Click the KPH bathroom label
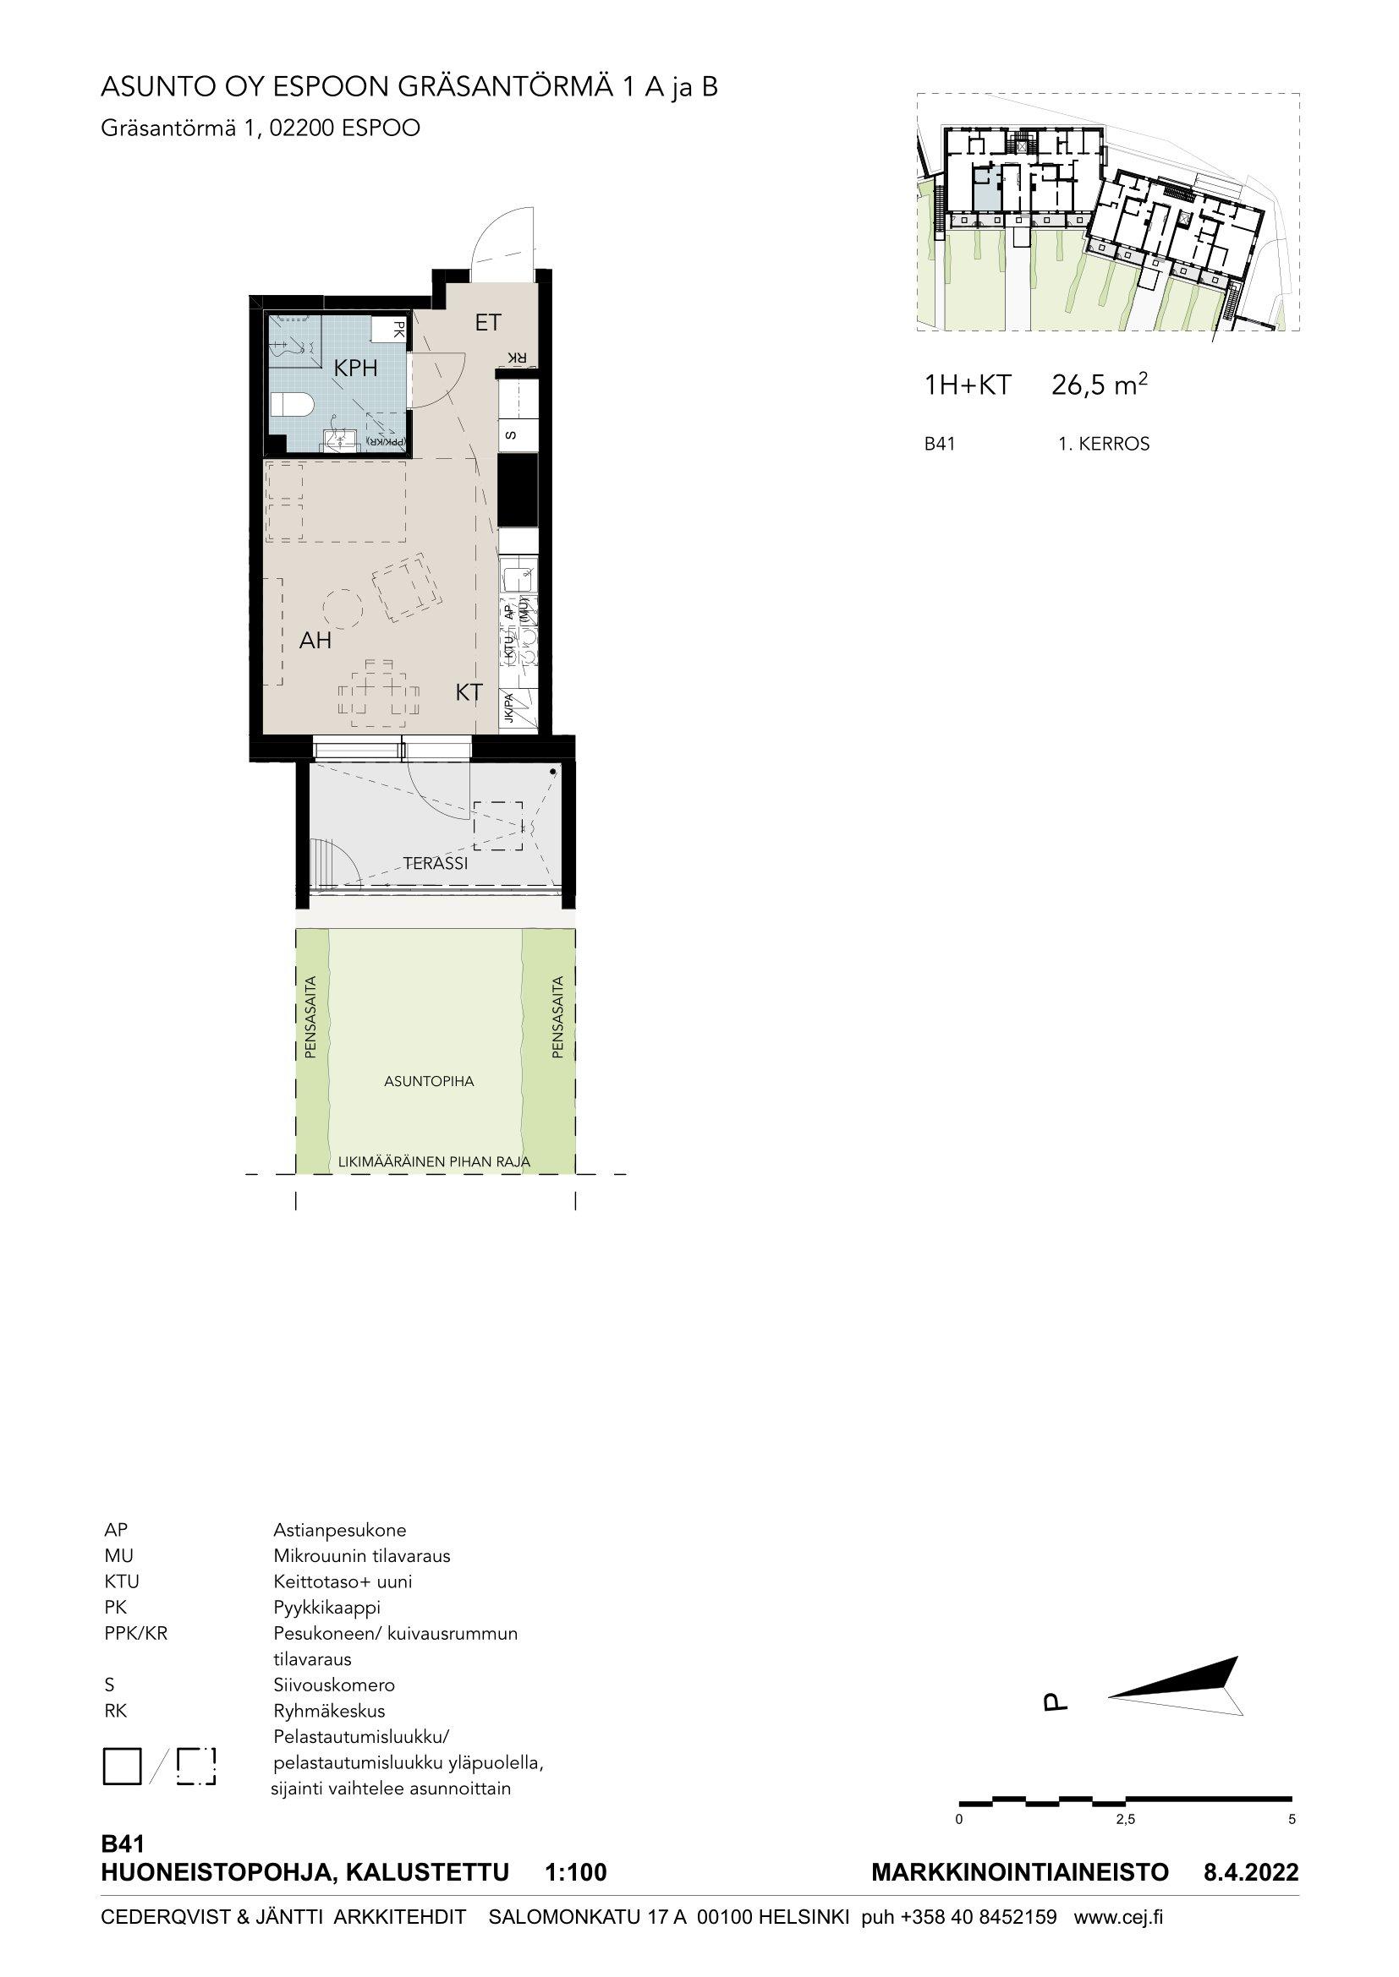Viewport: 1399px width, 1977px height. pos(356,369)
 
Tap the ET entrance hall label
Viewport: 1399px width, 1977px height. pos(488,323)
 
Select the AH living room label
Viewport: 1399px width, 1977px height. pos(315,641)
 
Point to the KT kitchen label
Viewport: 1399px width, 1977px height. pos(469,692)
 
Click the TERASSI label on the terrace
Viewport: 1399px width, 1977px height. pos(436,863)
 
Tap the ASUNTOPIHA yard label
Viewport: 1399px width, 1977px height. pos(429,1082)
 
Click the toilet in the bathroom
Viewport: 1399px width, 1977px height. pos(291,405)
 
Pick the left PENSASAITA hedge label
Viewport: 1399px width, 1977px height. pos(311,1016)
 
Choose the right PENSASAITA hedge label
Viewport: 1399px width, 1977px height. pos(557,1016)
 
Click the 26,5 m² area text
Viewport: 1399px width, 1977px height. pos(1100,385)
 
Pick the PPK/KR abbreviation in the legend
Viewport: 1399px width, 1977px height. pos(135,1634)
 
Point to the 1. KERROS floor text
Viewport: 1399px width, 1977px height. pos(1104,445)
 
